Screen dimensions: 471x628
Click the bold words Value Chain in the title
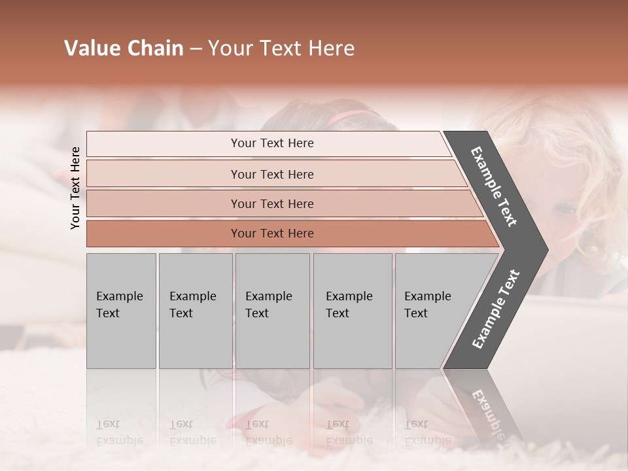pos(124,48)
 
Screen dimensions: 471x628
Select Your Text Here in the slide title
pos(281,48)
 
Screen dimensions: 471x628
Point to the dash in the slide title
pos(196,49)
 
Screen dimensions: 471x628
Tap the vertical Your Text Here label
pos(76,188)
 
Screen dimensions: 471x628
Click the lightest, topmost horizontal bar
pos(271,143)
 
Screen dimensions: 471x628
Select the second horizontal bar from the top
pos(271,174)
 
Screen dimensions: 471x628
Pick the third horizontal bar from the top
pos(271,203)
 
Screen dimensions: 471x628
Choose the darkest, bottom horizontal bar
pos(271,234)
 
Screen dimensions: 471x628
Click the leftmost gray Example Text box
pos(121,311)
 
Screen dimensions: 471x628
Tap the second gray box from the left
pos(195,311)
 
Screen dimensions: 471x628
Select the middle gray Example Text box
pos(272,311)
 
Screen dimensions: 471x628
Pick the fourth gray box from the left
pos(353,311)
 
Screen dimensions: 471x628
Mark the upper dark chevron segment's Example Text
pos(494,186)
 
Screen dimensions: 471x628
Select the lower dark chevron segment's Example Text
pos(496,309)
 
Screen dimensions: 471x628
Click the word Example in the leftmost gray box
pos(119,296)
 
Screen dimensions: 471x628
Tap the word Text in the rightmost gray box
pos(415,313)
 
